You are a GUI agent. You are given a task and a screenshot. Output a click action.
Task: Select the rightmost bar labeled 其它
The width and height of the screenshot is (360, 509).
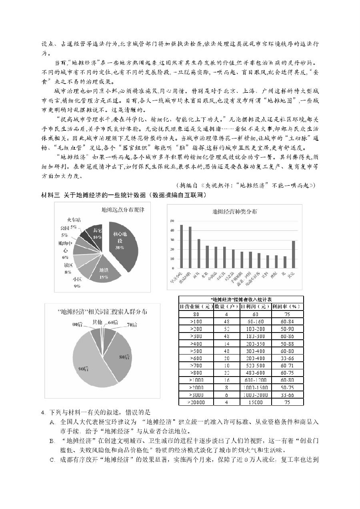pyautogui.click(x=294, y=254)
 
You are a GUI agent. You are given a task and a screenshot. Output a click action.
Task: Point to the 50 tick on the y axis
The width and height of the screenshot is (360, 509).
pyautogui.click(x=172, y=221)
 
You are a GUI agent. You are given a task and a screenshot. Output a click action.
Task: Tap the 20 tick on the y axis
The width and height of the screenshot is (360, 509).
pyautogui.click(x=172, y=249)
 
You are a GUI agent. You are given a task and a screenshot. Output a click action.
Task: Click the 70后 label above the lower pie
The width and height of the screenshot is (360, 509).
pyautogui.click(x=132, y=324)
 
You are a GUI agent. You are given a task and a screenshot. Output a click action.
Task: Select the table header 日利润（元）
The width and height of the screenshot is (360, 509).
pyautogui.click(x=255, y=307)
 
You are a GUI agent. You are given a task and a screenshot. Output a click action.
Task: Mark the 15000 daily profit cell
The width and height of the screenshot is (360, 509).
pyautogui.click(x=255, y=402)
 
